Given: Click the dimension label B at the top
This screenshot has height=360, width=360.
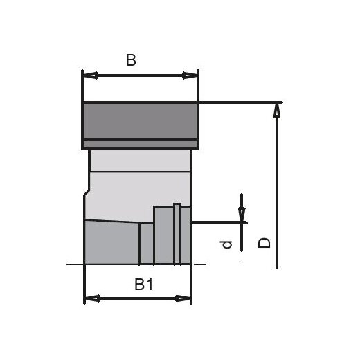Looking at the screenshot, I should (x=131, y=60).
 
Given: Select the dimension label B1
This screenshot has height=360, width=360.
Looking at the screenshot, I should (x=143, y=284).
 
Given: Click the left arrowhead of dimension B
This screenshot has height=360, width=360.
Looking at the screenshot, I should (x=88, y=75).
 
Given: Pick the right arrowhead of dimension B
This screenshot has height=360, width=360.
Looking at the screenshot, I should (x=192, y=75).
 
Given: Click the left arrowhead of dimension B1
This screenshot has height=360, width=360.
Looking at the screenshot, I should (x=89, y=298).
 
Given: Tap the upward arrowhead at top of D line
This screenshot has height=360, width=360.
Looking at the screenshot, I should (x=277, y=109).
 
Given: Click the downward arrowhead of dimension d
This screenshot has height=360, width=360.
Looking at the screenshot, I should (x=242, y=215).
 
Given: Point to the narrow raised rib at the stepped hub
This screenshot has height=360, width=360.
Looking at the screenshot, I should (x=177, y=233).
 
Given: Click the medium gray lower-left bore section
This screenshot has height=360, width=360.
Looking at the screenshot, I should (x=111, y=243).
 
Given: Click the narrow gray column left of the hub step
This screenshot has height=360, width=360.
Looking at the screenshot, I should (x=146, y=243).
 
